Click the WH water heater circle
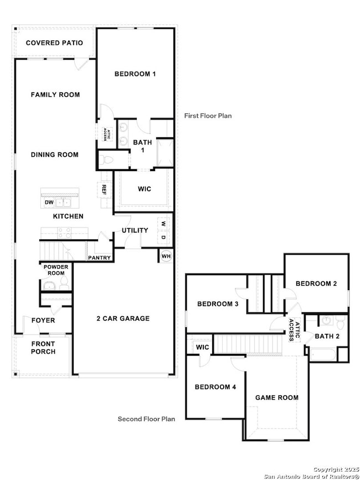pyautogui.click(x=166, y=256)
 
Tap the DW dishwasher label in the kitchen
pyautogui.click(x=49, y=202)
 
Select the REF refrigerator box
pyautogui.click(x=104, y=190)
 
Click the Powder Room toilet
pyautogui.click(x=64, y=283)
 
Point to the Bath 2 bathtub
pyautogui.click(x=323, y=355)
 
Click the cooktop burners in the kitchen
pyautogui.click(x=65, y=233)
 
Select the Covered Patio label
pyautogui.click(x=54, y=43)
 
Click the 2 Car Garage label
pyautogui.click(x=123, y=318)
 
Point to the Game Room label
pyautogui.click(x=277, y=398)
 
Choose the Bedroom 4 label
pyautogui.click(x=215, y=387)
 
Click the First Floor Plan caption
pyautogui.click(x=208, y=116)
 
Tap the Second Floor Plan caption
pyautogui.click(x=146, y=419)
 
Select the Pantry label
pyautogui.click(x=99, y=258)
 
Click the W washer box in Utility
pyautogui.click(x=163, y=224)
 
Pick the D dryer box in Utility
pyautogui.click(x=163, y=238)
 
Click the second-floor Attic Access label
pyautogui.click(x=294, y=330)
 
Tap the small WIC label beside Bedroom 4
pyautogui.click(x=202, y=347)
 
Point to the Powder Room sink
pyautogui.click(x=49, y=286)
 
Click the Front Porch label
pyautogui.click(x=43, y=348)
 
